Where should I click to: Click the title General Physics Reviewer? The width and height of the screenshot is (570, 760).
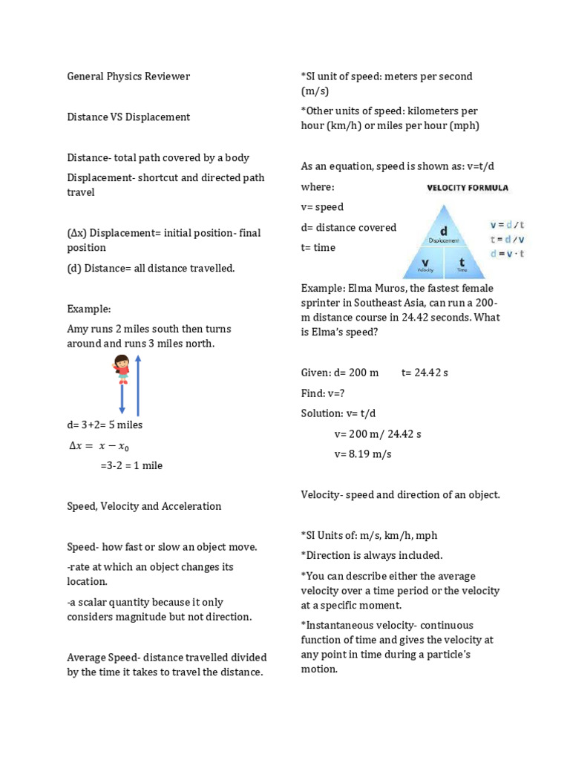(128, 76)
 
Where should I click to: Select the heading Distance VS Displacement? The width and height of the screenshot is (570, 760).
(128, 117)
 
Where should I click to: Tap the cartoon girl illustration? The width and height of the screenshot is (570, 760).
(122, 369)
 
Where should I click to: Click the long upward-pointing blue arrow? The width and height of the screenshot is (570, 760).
(138, 386)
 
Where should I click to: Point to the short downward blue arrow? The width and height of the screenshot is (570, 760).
(122, 399)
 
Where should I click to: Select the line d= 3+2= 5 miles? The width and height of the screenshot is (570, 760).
(105, 425)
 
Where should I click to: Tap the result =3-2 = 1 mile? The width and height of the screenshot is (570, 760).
(131, 466)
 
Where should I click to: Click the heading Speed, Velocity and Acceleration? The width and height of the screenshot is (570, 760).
(144, 506)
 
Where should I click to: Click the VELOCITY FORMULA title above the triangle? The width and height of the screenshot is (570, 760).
(467, 188)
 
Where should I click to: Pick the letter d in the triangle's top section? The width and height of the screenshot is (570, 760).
(444, 232)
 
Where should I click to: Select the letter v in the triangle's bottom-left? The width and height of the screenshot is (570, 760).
(425, 262)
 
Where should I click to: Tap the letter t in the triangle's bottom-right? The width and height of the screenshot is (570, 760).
(462, 262)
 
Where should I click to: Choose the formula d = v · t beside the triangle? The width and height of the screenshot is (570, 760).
(507, 253)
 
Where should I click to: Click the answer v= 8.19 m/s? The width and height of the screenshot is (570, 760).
(363, 454)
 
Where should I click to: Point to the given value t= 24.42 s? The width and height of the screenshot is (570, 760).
(425, 373)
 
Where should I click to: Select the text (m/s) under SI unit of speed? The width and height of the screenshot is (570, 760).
(315, 91)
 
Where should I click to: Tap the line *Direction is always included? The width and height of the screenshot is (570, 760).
(371, 555)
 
